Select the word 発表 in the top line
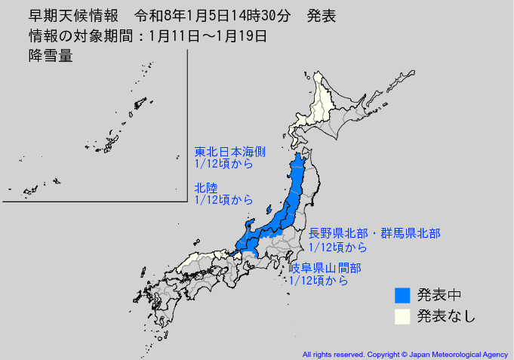point(322,16)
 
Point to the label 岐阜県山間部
point(325,268)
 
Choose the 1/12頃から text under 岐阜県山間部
point(319,281)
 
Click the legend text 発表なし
point(447,316)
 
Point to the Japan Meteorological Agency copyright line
point(405,353)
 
